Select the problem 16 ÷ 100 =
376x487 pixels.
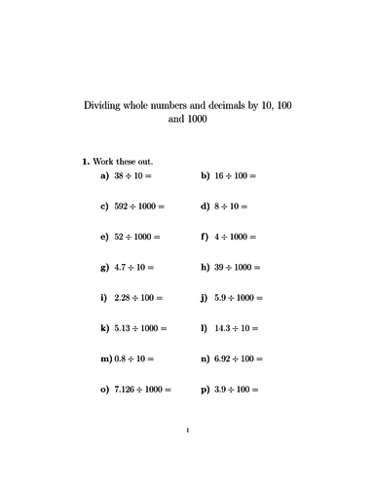pos(234,176)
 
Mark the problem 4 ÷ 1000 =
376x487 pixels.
pos(234,237)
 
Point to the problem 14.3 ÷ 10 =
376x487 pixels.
pos(234,328)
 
